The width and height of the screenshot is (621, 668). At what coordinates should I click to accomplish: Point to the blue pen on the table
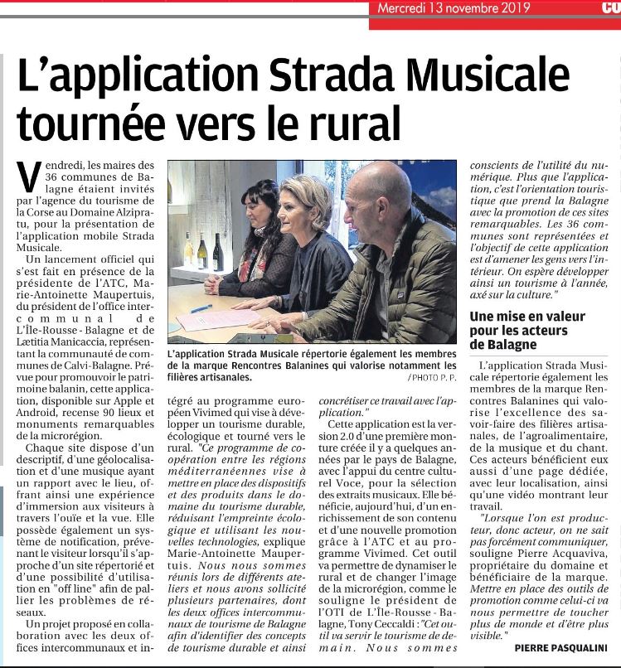(x=201, y=307)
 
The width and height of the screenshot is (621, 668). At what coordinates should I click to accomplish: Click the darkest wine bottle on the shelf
(x=217, y=252)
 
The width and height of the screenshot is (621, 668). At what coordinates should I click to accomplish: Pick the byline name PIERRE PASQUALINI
(x=560, y=647)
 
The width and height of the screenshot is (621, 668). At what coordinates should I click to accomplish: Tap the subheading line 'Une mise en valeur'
(x=527, y=316)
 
